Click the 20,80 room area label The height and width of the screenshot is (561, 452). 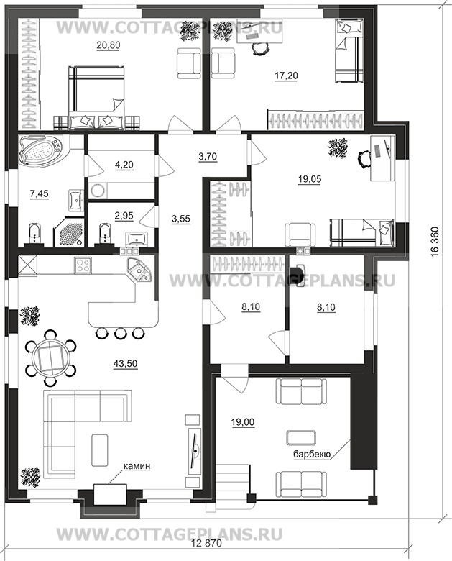108,45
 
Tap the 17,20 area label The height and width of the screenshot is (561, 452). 286,76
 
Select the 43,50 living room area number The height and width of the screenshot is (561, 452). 125,363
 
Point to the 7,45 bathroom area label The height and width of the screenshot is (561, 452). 39,194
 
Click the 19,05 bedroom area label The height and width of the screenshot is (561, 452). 310,179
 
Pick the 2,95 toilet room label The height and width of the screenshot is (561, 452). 124,216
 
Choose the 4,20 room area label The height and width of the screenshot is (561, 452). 124,165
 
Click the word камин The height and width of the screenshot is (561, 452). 137,466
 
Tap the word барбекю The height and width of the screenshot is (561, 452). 311,455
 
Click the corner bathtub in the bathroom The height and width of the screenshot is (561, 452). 40,150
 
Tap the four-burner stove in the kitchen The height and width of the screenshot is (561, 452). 83,265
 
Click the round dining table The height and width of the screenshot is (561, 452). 51,359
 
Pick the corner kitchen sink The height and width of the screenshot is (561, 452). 140,270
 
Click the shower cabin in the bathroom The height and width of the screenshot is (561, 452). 69,232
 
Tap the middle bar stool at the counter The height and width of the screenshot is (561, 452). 120,333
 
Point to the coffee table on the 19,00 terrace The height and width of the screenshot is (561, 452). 301,437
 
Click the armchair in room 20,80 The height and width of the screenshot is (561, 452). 188,63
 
